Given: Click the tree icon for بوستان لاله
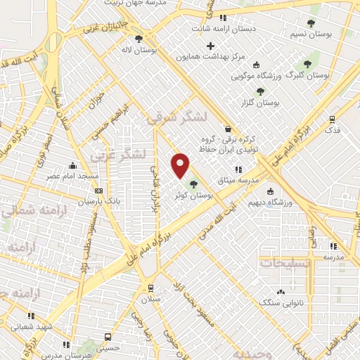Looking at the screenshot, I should tap(139, 38).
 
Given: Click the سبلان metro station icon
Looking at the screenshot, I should tap(150, 288).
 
